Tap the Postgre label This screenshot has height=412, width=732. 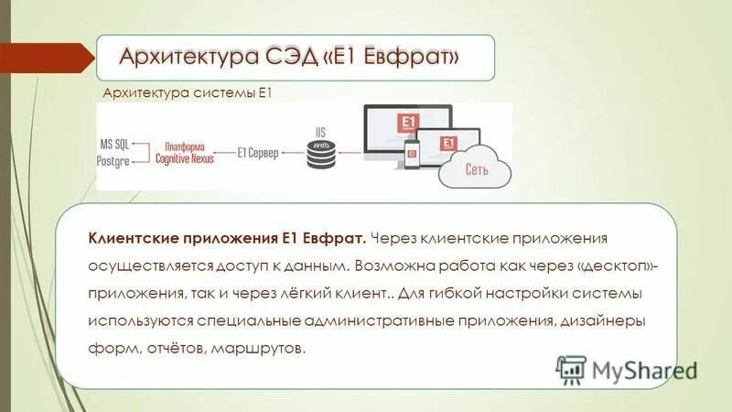click(116, 160)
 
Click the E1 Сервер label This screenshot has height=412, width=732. click(257, 153)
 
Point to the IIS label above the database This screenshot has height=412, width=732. click(320, 132)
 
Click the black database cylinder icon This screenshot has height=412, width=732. click(320, 157)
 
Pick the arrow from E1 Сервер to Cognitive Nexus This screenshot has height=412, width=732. click(222, 153)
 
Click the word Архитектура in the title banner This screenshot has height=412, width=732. click(177, 58)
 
